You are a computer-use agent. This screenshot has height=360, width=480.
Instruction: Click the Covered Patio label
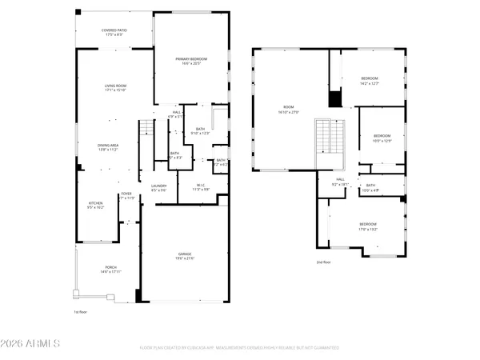click(114, 32)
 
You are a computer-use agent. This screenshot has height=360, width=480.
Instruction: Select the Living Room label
click(116, 87)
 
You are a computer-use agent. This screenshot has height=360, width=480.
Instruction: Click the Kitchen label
click(95, 205)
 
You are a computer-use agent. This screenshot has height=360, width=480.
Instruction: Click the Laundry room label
click(158, 188)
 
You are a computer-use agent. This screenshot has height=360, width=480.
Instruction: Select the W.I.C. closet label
click(201, 188)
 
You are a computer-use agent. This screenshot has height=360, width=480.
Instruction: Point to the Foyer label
click(126, 195)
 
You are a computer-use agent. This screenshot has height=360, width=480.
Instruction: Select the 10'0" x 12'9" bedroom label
click(382, 138)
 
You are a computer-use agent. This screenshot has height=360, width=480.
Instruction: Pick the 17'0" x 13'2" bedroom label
click(367, 226)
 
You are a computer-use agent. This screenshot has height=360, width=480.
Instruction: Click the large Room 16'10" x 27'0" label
click(287, 111)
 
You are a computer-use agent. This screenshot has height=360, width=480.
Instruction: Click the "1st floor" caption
click(80, 311)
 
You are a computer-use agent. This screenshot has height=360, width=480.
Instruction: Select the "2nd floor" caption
click(323, 262)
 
